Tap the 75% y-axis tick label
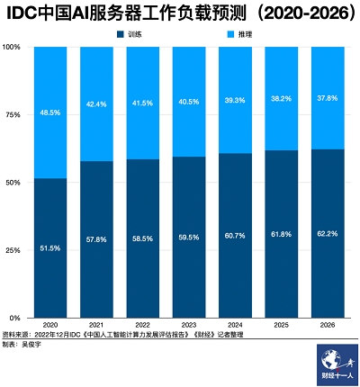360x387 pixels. point(13,115)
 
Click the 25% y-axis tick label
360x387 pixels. point(13,250)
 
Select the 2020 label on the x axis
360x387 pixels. point(49,324)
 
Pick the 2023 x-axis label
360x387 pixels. point(189,324)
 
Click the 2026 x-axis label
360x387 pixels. point(328,324)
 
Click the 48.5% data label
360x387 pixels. point(49,113)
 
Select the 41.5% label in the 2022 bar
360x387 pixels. point(142,103)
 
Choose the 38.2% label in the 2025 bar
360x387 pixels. point(282,100)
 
